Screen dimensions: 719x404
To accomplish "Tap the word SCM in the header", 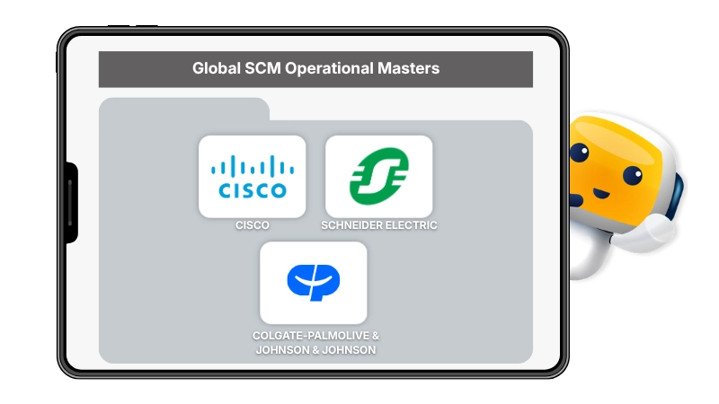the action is click(262, 68).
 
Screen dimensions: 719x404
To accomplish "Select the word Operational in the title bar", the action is click(329, 69).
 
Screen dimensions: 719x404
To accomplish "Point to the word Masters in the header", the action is click(408, 68).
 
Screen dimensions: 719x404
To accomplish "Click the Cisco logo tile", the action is click(253, 177).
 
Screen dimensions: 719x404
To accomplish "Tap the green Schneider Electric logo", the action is click(378, 176).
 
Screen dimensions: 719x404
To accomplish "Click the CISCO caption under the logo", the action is click(253, 225).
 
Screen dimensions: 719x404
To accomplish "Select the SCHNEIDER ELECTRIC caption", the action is click(378, 225).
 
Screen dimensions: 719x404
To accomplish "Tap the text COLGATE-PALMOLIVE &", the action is click(315, 336).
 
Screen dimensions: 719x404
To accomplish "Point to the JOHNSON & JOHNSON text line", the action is click(315, 350).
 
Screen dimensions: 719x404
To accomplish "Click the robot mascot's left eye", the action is click(580, 152).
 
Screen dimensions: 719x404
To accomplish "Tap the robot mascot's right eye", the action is click(633, 175).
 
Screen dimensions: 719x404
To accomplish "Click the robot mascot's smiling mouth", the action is click(601, 193).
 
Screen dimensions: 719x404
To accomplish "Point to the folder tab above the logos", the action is click(184, 109).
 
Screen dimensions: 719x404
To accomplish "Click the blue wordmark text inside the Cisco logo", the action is click(253, 190).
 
